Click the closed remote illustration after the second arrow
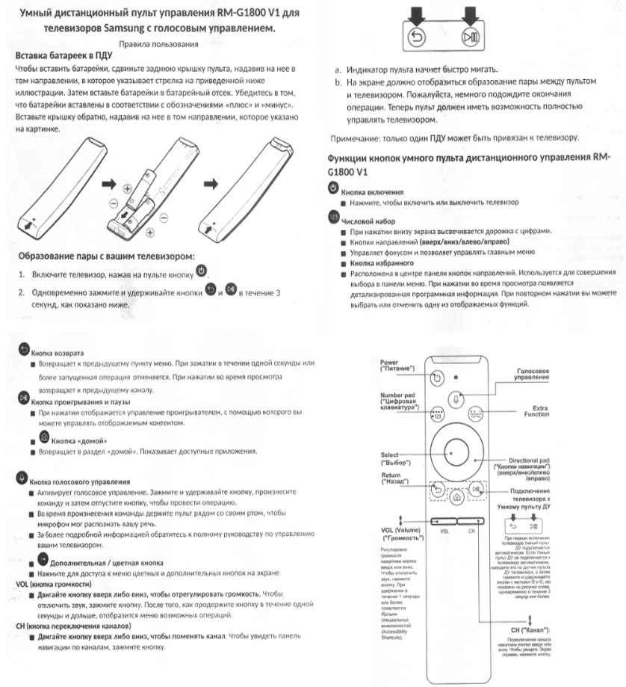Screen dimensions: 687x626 pos(246,186)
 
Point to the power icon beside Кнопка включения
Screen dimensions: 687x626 pos(332,186)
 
